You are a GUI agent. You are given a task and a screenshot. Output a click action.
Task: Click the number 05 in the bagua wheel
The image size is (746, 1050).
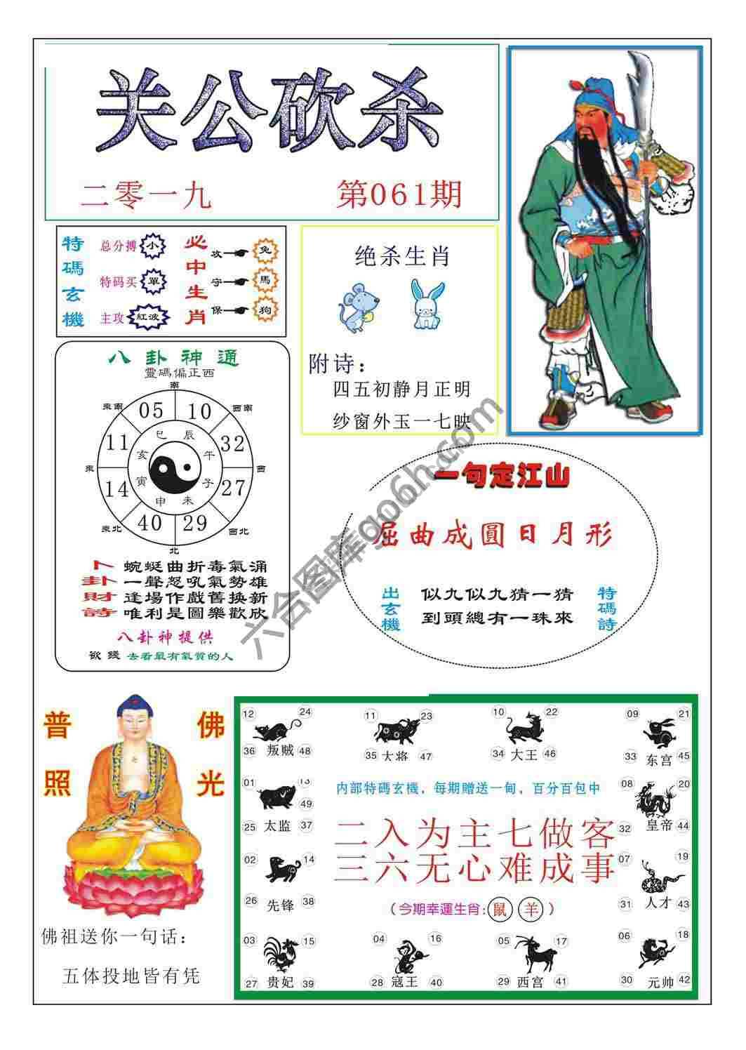(151, 411)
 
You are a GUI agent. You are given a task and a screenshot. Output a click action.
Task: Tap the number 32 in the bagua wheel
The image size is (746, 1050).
(232, 444)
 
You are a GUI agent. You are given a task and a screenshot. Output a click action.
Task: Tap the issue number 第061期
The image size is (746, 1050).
(399, 194)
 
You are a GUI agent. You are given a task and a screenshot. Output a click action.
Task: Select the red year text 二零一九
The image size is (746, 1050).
(146, 196)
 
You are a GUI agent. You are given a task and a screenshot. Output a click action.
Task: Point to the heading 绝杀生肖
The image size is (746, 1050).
(402, 257)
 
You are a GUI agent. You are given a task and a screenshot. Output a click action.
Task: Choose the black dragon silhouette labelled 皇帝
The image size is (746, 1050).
(655, 799)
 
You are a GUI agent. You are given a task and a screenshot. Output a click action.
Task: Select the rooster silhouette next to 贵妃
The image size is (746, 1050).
(281, 955)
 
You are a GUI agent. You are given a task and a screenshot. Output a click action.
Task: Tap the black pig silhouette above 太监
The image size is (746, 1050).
(278, 797)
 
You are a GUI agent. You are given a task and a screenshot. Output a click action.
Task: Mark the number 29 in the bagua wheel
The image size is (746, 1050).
(195, 522)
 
